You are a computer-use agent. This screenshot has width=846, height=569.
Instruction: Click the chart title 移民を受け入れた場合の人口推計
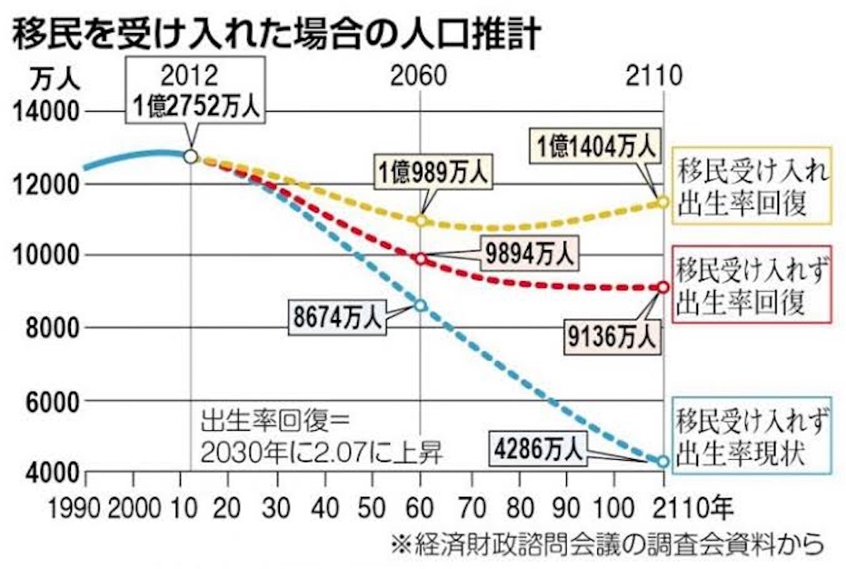(276, 32)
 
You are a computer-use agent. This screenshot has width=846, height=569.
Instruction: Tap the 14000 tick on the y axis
(46, 112)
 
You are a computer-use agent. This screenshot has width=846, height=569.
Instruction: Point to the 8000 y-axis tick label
(53, 328)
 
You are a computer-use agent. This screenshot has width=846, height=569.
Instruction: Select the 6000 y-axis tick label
(53, 401)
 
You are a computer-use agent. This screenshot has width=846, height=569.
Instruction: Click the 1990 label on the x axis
(74, 509)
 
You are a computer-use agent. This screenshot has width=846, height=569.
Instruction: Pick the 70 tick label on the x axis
(471, 509)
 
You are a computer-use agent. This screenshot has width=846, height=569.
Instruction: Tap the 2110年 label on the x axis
(692, 508)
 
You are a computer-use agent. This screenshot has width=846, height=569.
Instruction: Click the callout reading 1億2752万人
(196, 91)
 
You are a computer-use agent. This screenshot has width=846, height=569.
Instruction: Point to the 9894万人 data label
(529, 252)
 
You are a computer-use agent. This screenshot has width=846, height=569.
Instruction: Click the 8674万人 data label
(337, 317)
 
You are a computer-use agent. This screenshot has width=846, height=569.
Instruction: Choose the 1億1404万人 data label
(596, 146)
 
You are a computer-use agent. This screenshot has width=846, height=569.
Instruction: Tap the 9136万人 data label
(612, 337)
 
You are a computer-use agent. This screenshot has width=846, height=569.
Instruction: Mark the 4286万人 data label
(538, 448)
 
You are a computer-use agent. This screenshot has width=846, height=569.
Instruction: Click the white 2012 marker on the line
(191, 156)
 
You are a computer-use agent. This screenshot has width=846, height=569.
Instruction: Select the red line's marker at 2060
(421, 259)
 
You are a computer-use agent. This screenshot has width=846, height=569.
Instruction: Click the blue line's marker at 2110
(663, 461)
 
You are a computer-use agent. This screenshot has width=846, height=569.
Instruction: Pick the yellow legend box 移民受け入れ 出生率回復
(752, 186)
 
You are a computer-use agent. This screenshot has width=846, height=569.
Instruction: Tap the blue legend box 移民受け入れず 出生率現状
(752, 436)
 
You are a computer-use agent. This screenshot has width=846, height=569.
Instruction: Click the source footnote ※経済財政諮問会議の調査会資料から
(607, 544)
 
